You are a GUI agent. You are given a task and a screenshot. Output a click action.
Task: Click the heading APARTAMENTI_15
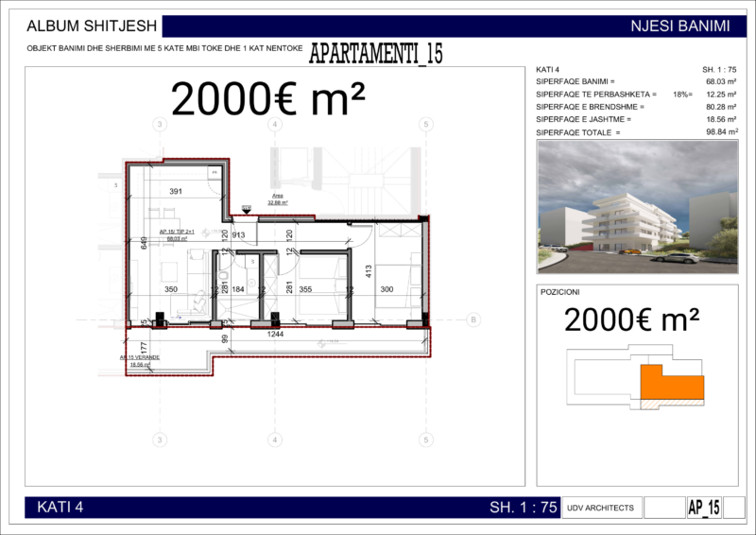coord(375,54)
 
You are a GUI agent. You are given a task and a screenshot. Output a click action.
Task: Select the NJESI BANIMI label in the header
coord(679,26)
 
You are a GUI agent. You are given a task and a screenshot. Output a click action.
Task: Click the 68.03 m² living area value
coord(721,82)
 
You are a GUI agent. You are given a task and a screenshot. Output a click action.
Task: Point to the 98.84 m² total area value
coord(721,132)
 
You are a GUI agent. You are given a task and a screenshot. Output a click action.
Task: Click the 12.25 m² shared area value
coord(721,95)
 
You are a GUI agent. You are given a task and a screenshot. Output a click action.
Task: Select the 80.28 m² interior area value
coord(721,107)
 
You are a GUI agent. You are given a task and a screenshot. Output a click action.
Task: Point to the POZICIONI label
coord(559,293)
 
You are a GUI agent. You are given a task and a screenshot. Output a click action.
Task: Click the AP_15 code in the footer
coord(704,508)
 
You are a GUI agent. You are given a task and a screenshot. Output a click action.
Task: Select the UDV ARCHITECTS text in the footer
coord(602,508)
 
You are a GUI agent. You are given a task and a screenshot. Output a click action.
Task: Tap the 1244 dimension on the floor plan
coord(275,334)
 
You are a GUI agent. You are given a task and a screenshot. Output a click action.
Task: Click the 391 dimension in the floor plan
coord(176,191)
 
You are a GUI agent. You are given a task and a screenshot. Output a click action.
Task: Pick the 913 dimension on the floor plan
coord(238,235)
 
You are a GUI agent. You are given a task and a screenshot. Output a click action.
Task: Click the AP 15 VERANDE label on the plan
coord(139,358)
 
